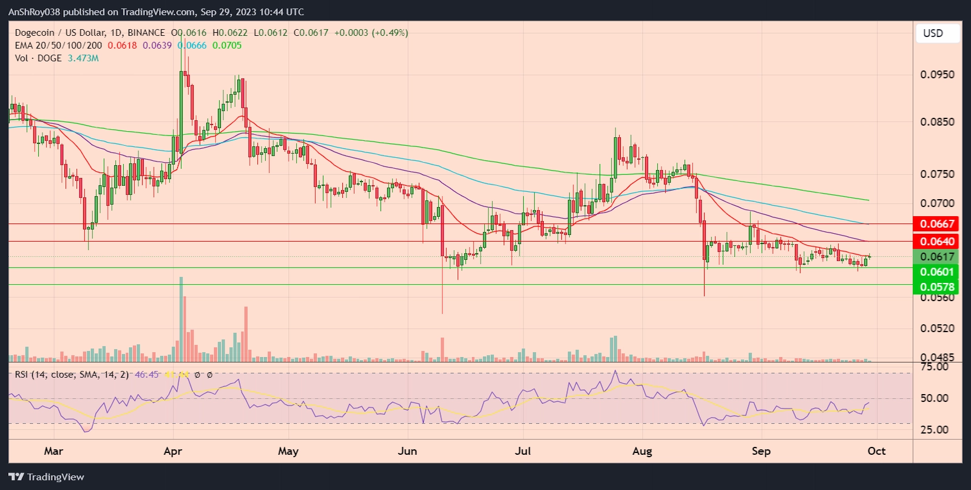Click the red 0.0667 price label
pos(937,224)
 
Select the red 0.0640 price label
pos(937,242)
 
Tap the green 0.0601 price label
pos(937,272)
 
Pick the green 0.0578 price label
pos(937,287)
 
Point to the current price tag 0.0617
pos(937,257)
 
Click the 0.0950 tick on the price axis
pos(937,75)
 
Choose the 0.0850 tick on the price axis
pos(937,122)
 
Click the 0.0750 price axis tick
pos(937,174)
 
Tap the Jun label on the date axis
pos(407,451)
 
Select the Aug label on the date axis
pos(642,451)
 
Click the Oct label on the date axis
pos(876,451)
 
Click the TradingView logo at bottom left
pos(46,477)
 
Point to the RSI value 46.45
pos(146,375)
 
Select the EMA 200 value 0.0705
pos(227,46)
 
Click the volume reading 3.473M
pos(83,58)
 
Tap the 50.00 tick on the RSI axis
pos(934,398)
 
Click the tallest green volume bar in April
pos(181,319)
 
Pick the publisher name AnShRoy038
pos(34,12)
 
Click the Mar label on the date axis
pos(53,451)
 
